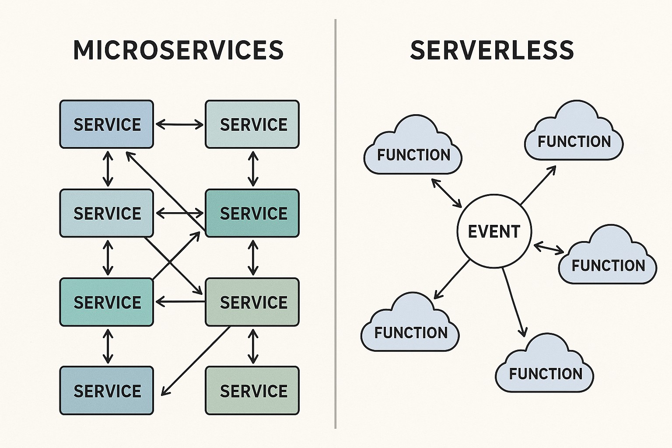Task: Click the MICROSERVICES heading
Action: click(x=178, y=50)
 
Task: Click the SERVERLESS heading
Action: click(x=492, y=50)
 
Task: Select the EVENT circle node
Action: click(x=494, y=231)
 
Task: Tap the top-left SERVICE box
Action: click(x=107, y=124)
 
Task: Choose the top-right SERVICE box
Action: click(x=252, y=124)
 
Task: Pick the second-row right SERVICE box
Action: click(x=252, y=213)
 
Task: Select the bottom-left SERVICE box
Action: click(x=107, y=390)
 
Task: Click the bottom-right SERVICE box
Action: click(x=252, y=390)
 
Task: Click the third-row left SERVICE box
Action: click(x=107, y=302)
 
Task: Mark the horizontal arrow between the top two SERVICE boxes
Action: click(x=179, y=125)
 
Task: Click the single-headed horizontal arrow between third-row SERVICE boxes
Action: click(x=180, y=301)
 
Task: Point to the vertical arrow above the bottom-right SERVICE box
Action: click(x=252, y=346)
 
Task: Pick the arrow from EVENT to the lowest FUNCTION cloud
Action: click(x=513, y=302)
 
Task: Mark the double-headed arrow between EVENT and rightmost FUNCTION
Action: click(x=549, y=248)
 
